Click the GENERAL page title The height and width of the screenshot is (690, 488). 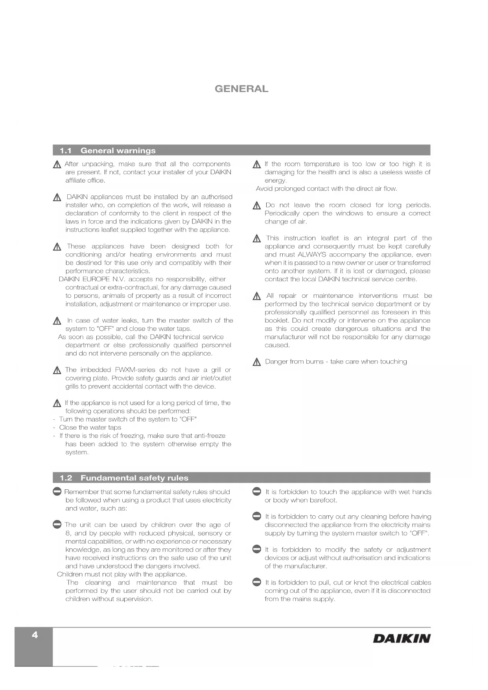click(241, 89)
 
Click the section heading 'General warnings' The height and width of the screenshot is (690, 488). click(118, 150)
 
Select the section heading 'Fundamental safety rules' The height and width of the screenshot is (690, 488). click(134, 478)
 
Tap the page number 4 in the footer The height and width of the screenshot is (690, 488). click(35, 635)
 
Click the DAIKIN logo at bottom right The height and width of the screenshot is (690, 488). click(401, 638)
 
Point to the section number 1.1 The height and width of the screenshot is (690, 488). click(66, 150)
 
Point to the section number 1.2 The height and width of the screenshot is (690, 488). click(66, 478)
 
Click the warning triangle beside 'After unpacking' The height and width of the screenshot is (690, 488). click(57, 164)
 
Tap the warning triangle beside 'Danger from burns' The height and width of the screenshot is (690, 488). click(257, 362)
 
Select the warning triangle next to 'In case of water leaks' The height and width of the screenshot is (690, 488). click(57, 321)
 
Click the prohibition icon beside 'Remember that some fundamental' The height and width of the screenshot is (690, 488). click(57, 491)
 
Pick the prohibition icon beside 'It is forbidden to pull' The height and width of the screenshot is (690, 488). click(257, 582)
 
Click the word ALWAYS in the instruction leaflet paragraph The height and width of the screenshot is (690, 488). click(311, 255)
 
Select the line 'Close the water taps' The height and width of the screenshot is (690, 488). click(90, 428)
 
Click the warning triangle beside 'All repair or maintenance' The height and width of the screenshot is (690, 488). click(257, 296)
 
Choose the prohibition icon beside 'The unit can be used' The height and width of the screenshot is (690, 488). click(57, 524)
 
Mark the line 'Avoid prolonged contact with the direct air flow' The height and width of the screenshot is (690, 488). click(326, 189)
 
